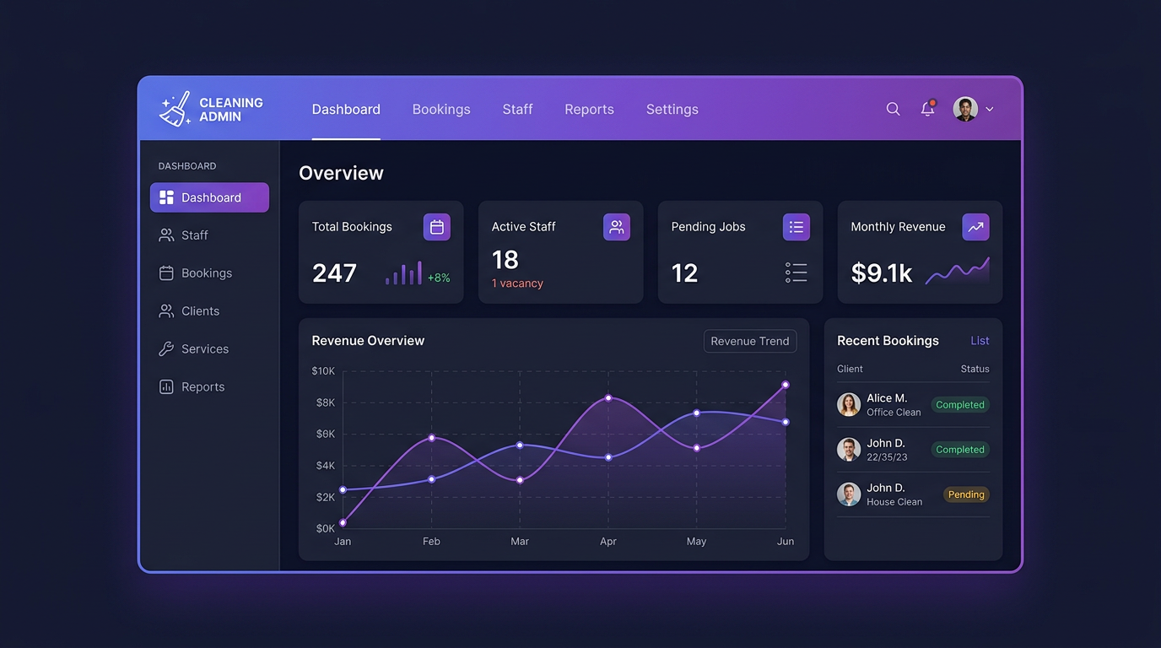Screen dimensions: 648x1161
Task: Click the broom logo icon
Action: [x=175, y=110]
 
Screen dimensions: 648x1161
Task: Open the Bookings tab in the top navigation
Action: [x=441, y=110]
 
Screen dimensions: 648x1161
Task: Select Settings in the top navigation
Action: [x=672, y=110]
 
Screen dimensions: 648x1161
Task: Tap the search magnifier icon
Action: [x=893, y=109]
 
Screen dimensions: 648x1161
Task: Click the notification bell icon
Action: [x=927, y=109]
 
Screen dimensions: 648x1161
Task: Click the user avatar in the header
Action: [x=965, y=109]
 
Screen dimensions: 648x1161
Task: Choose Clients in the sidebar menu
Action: [x=200, y=311]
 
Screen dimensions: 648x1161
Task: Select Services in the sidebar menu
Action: [x=204, y=349]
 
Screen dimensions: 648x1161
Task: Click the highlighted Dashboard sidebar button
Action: [x=209, y=197]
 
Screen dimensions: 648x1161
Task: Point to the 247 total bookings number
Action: [x=334, y=273]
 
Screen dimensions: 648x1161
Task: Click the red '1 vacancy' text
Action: [x=517, y=283]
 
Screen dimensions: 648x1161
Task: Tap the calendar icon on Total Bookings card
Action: [x=436, y=227]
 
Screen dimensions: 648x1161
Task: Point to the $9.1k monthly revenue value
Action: [x=881, y=273]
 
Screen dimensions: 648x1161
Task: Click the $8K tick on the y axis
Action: [x=325, y=402]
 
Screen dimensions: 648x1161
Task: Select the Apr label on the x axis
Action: [x=608, y=542]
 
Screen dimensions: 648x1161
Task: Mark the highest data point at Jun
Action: [x=786, y=385]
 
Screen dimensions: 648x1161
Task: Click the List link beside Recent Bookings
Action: [x=980, y=341]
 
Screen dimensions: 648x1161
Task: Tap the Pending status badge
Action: [x=966, y=495]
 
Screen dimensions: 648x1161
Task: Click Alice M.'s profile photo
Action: [x=849, y=404]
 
